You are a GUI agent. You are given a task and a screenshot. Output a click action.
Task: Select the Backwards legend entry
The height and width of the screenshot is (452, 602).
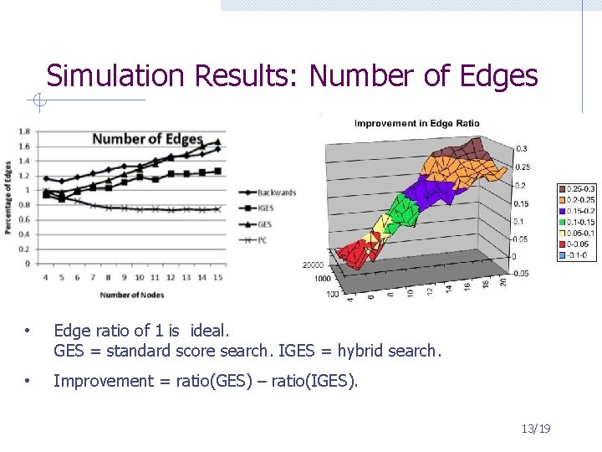click(x=277, y=192)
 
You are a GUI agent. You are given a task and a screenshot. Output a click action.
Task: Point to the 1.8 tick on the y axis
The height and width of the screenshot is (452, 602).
click(x=24, y=131)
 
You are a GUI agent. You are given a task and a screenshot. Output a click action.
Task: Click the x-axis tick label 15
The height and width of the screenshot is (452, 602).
click(x=218, y=277)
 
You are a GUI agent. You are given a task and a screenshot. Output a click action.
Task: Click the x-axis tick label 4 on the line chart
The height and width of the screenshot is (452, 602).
click(x=45, y=277)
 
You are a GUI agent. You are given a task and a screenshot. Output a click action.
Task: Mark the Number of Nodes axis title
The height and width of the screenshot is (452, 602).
click(x=132, y=295)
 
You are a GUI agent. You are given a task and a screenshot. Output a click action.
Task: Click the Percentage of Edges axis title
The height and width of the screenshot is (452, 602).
click(x=8, y=197)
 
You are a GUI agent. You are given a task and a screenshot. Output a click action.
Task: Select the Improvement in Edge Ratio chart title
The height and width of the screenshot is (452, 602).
click(x=416, y=124)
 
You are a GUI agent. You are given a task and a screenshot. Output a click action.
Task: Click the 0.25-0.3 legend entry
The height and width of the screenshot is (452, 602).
click(x=576, y=189)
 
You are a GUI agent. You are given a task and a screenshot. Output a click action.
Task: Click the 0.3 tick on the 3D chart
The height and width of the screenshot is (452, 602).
click(x=521, y=149)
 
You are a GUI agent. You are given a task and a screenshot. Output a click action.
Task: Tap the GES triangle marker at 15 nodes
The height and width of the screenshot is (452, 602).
click(x=218, y=142)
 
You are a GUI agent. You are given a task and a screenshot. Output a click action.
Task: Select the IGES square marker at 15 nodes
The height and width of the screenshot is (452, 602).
click(x=218, y=171)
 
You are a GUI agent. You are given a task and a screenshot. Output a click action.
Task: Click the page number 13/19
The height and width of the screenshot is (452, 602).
click(x=535, y=429)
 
